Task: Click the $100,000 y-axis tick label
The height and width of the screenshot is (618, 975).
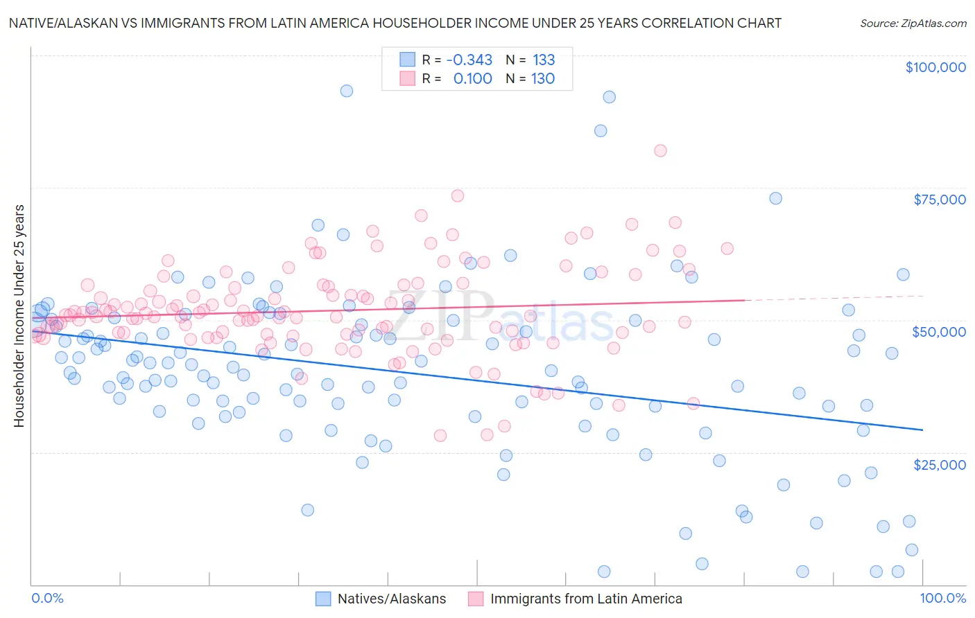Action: pos(935,67)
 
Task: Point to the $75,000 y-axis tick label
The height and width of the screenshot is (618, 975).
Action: pos(939,200)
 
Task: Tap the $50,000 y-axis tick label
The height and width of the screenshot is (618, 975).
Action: pos(939,332)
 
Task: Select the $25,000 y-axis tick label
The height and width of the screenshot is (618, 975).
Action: pos(939,464)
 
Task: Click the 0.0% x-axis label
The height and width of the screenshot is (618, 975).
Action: pos(47,598)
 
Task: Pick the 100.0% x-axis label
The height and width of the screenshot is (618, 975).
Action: pos(942,598)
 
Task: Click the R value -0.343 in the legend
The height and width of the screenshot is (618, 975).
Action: pos(469,60)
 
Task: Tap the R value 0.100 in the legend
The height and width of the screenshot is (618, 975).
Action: pos(472,79)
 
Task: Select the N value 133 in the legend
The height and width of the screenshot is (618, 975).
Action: pos(543,60)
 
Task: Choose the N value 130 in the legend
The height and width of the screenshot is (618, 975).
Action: pos(542,79)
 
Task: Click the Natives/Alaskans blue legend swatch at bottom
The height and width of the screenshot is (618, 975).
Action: pos(323,599)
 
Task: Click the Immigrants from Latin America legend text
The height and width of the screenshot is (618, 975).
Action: pos(586,599)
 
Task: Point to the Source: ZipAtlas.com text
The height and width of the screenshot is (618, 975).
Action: pos(913,24)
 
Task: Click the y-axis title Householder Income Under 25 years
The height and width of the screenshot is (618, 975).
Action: pos(19,315)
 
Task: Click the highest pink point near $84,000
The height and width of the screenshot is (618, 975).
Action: pos(660,150)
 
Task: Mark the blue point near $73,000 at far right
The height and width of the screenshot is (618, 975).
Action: pos(775,198)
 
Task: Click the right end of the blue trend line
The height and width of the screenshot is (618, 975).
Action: pos(922,430)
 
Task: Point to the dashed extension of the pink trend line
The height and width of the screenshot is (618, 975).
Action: pos(832,298)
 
